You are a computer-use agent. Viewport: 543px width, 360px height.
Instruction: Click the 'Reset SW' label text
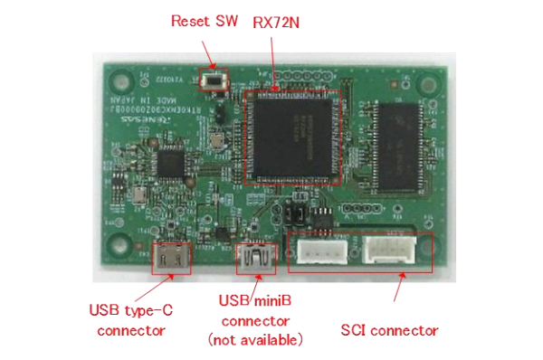(x=205, y=21)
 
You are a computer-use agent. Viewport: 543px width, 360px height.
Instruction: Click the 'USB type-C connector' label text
(x=131, y=320)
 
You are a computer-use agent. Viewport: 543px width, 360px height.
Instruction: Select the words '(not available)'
(x=254, y=340)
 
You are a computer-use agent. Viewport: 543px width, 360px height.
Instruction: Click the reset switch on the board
(x=215, y=81)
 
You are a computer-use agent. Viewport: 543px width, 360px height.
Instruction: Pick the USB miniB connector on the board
(x=254, y=260)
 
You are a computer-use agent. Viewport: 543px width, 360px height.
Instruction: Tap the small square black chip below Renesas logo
(x=169, y=165)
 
